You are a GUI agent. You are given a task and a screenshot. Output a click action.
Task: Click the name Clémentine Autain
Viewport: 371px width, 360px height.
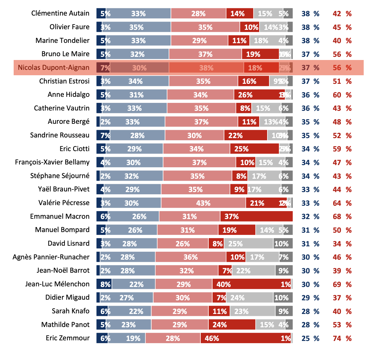60,13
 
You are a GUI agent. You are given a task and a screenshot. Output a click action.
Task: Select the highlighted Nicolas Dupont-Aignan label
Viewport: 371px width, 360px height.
53,68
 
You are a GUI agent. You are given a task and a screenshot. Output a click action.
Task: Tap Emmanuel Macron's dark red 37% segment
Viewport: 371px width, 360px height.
256,217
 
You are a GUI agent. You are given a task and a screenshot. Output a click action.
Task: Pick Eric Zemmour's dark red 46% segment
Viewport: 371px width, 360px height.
246,338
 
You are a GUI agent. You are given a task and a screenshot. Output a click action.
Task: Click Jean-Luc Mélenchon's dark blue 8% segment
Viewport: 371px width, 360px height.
104,284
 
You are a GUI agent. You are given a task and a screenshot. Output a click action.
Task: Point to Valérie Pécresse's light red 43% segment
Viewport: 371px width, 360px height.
203,203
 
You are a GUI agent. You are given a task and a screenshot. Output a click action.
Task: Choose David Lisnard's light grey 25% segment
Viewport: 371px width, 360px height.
249,244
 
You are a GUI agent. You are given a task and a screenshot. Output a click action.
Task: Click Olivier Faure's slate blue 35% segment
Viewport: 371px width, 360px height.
136,27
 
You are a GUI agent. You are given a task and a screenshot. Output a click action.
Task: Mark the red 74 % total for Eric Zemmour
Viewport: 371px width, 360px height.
342,338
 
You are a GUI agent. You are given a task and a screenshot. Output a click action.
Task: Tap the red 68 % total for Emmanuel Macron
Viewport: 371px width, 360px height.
342,217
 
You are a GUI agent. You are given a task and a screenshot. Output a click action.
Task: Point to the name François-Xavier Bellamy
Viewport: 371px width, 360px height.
52,162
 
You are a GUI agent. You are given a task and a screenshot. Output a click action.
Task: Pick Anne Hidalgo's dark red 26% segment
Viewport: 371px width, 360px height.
260,95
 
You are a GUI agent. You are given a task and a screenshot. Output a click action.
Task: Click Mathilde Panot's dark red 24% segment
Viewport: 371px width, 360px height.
232,325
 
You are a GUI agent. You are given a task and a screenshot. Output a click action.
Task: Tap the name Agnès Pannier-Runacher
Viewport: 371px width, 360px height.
51,257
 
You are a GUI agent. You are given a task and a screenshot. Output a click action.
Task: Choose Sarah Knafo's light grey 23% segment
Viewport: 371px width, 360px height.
253,311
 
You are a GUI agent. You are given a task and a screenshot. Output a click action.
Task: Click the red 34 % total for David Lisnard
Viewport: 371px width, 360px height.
342,244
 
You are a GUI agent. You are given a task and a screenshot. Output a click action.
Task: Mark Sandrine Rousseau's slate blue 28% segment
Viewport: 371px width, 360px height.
138,136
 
